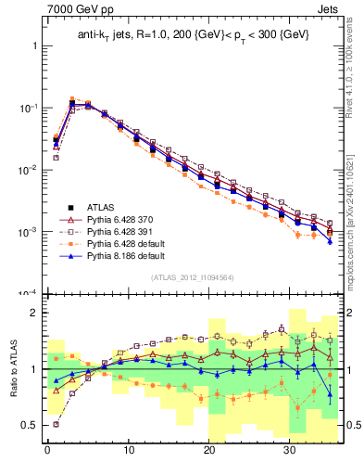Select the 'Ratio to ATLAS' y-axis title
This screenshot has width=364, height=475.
pos(12,369)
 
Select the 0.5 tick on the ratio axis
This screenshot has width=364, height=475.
pos(31,425)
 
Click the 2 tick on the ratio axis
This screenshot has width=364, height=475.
pos(35,313)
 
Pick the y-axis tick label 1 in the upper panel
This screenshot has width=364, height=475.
pos(35,45)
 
